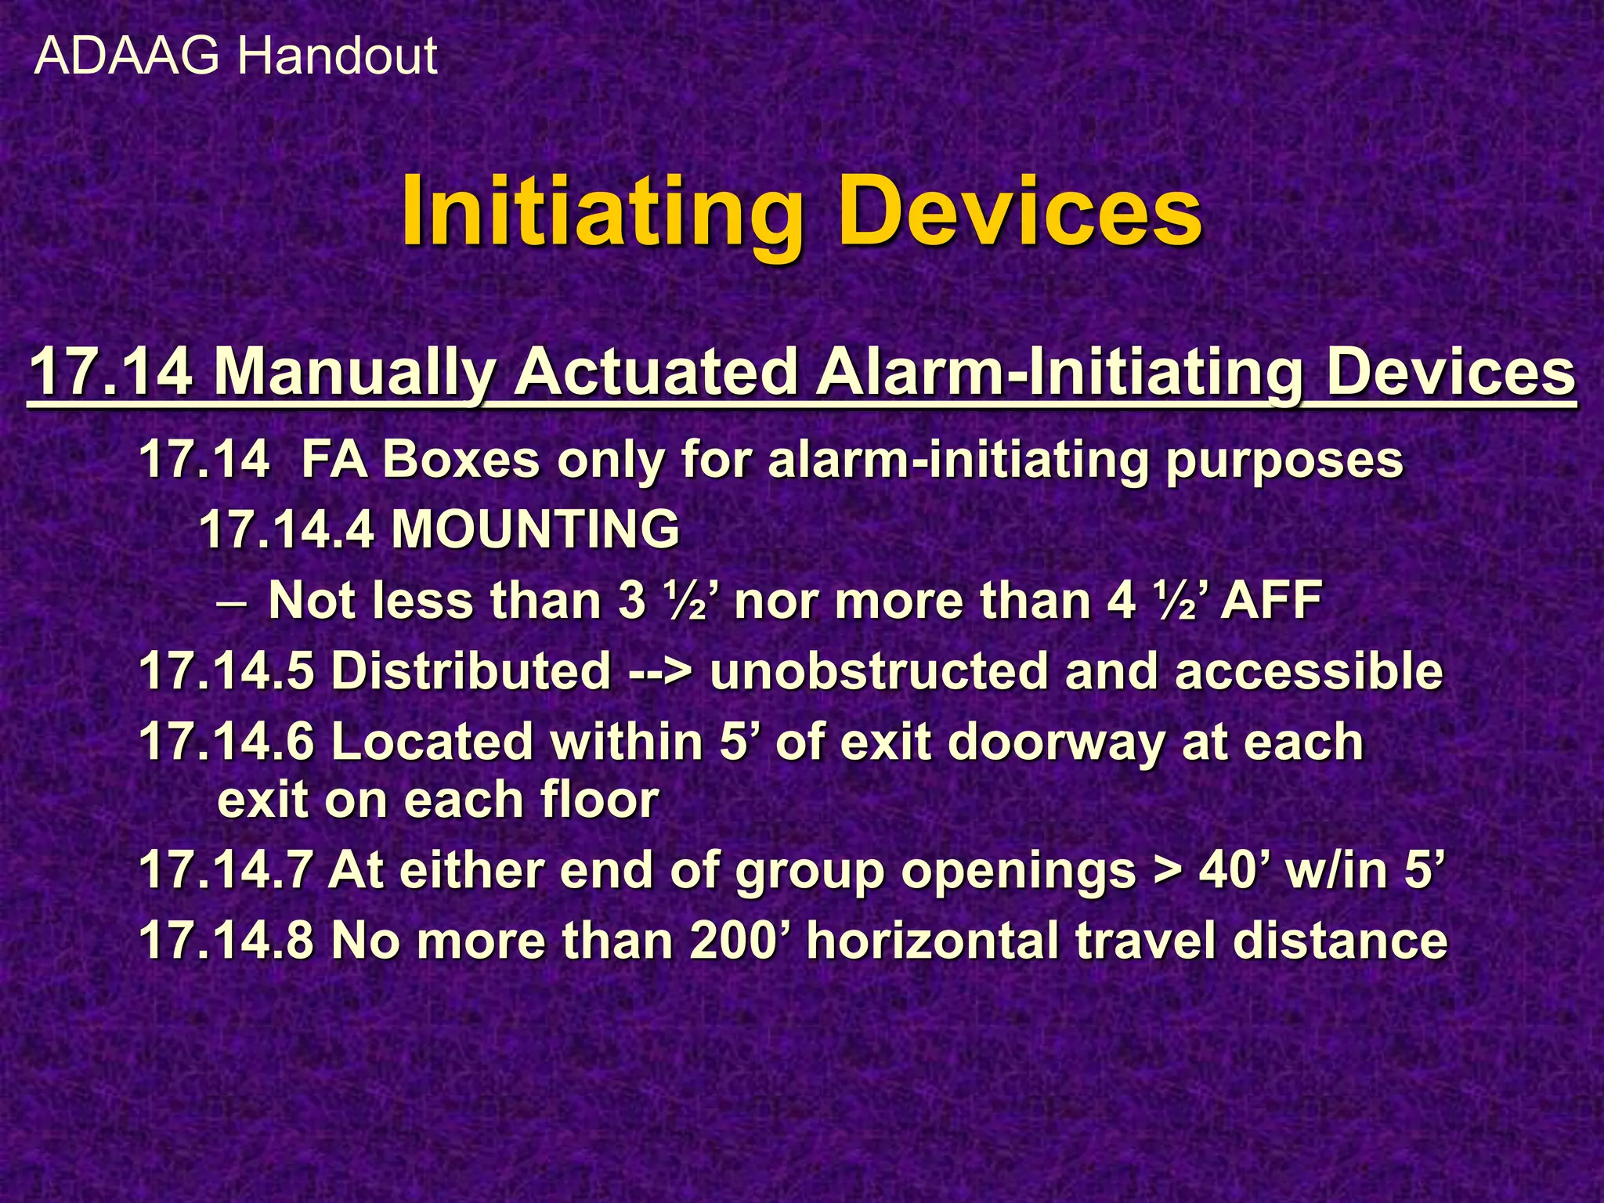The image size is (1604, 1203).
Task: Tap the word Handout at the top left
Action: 337,56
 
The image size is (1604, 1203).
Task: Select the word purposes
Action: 1284,461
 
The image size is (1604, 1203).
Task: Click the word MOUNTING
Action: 535,529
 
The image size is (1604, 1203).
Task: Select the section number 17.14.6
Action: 226,742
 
